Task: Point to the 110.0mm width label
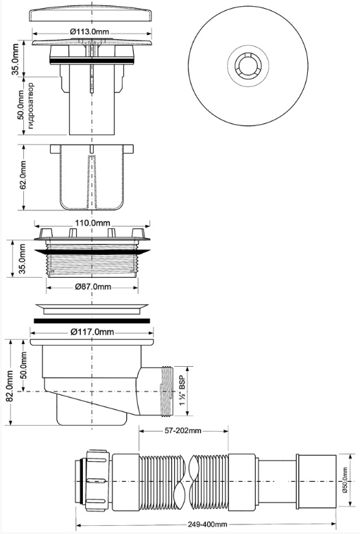pyautogui.click(x=93, y=223)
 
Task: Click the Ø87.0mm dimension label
pyautogui.click(x=91, y=286)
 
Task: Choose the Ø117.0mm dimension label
pyautogui.click(x=91, y=332)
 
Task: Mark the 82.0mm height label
pyautogui.click(x=9, y=387)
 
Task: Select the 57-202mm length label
pyautogui.click(x=184, y=430)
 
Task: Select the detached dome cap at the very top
pyautogui.click(x=91, y=16)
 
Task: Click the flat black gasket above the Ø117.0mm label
pyautogui.click(x=91, y=320)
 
